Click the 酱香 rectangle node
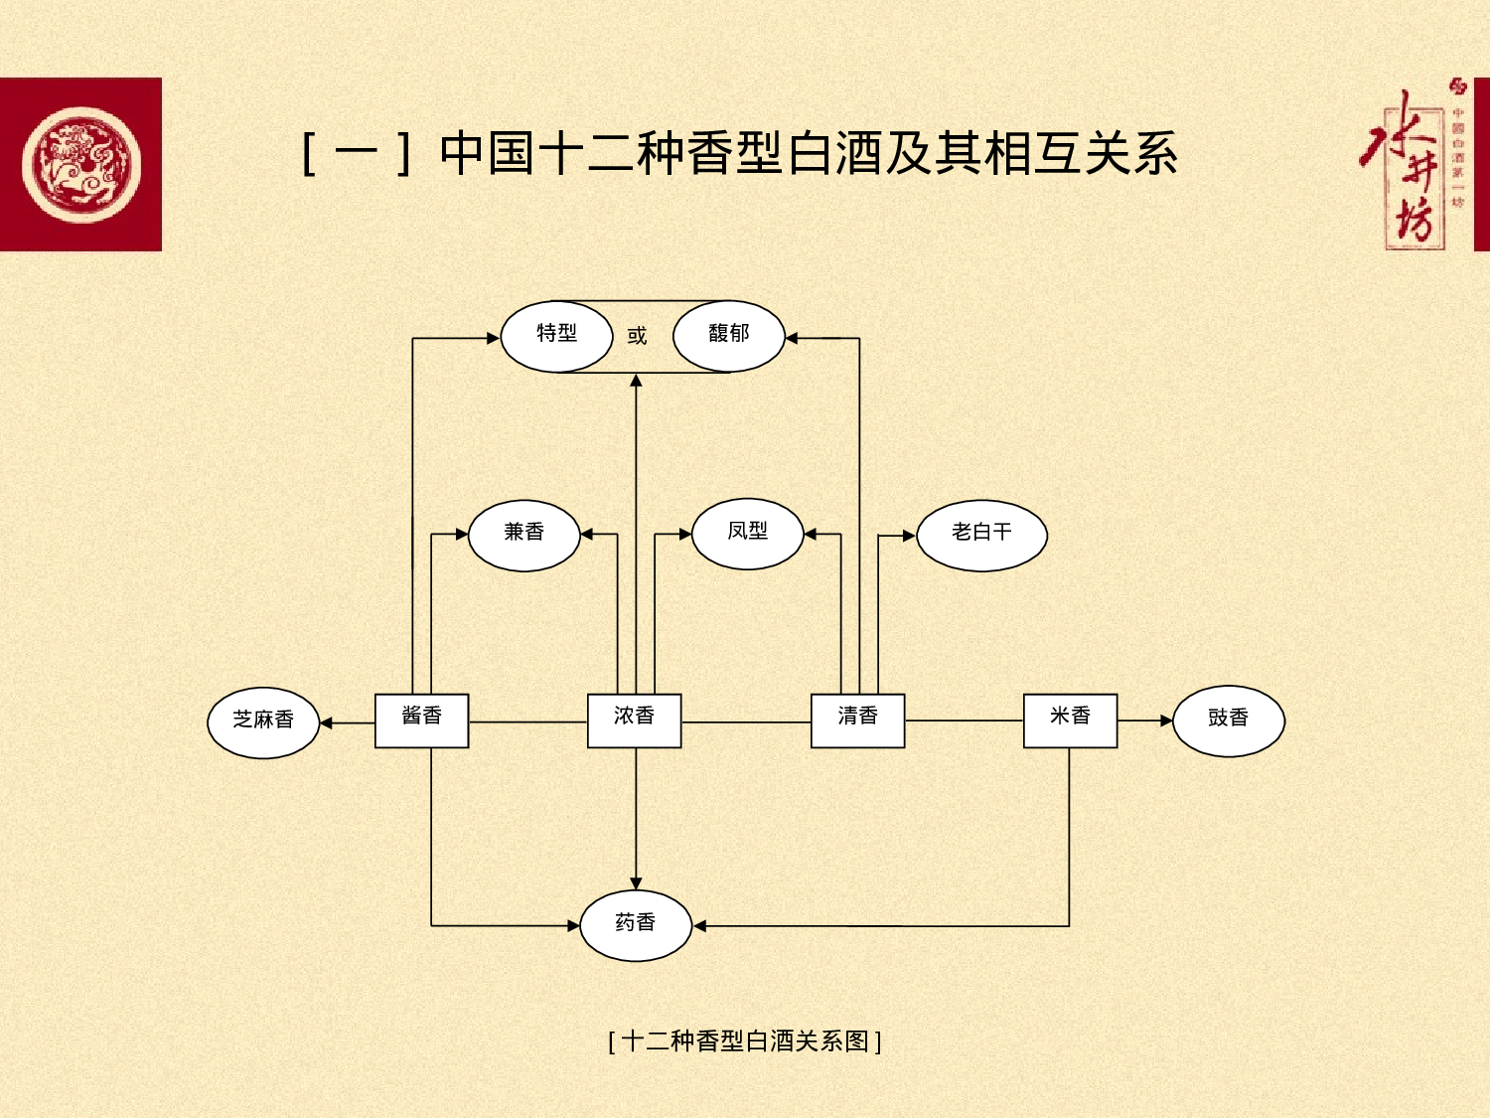[421, 719]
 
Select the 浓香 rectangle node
[634, 719]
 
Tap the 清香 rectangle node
[857, 719]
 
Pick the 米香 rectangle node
[1070, 719]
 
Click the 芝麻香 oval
[263, 722]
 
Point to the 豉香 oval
[1228, 720]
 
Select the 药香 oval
[635, 925]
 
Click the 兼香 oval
[523, 535]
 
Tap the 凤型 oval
[747, 534]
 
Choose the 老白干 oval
[981, 535]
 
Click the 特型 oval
[556, 336]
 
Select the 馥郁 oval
[728, 336]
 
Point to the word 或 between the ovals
[637, 336]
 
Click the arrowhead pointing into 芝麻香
[327, 722]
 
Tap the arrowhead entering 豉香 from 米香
[1166, 720]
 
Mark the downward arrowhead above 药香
[636, 883]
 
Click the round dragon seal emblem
[81, 165]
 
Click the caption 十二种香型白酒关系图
[744, 1040]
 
